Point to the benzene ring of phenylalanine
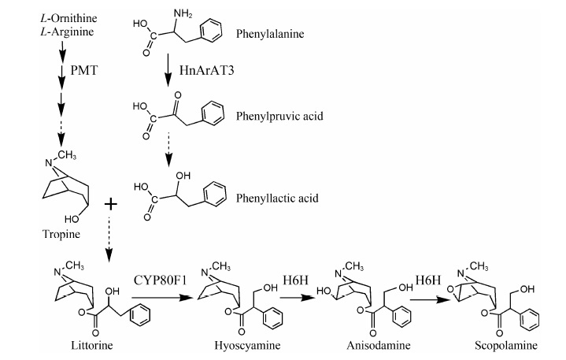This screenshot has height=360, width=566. point(213,34)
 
